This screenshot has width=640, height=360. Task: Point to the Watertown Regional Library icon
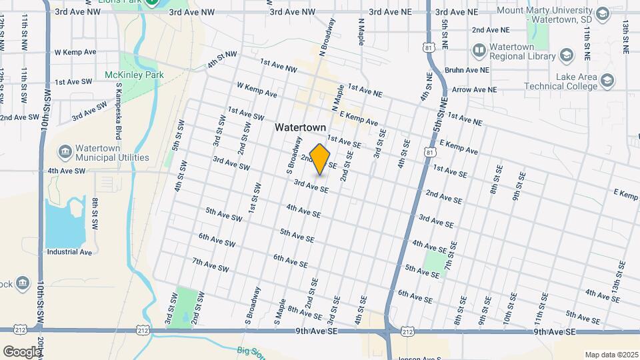pyautogui.click(x=479, y=50)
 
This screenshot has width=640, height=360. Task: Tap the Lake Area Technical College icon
pyautogui.click(x=607, y=81)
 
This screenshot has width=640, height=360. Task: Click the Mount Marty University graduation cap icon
pyautogui.click(x=602, y=14)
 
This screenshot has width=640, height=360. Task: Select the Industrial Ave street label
pyautogui.click(x=69, y=252)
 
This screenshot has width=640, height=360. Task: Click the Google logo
pyautogui.click(x=21, y=351)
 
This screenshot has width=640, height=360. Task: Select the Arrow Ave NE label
pyautogui.click(x=475, y=89)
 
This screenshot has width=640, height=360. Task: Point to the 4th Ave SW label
pyautogui.click(x=67, y=171)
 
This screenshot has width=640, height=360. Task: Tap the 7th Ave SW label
pyautogui.click(x=210, y=265)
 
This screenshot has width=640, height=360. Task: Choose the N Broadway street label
pyautogui.click(x=327, y=37)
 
